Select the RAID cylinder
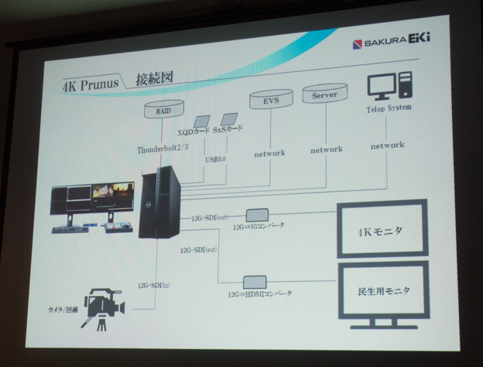[163, 111]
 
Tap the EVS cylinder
[271, 98]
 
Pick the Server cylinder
[324, 95]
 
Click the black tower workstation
[159, 204]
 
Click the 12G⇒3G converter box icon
[257, 214]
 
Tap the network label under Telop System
[387, 145]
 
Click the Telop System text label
[389, 108]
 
